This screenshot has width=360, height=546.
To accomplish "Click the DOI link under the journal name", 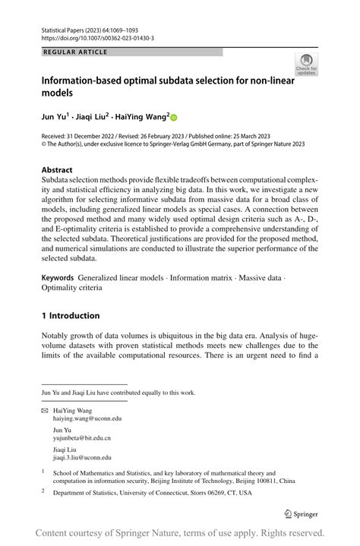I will [98, 37].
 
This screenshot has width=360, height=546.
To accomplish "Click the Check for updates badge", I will [308, 65].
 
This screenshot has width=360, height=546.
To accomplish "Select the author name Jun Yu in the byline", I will [54, 118].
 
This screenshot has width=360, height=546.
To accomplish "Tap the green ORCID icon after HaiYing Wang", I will [173, 118].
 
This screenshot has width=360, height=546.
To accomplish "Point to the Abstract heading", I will [57, 169].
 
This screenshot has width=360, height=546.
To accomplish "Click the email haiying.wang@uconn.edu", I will [87, 418].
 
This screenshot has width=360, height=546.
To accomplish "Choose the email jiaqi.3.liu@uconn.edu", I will [82, 458].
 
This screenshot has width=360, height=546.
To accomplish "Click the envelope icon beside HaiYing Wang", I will [44, 409].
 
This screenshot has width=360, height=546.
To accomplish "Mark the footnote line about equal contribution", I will [118, 393].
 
